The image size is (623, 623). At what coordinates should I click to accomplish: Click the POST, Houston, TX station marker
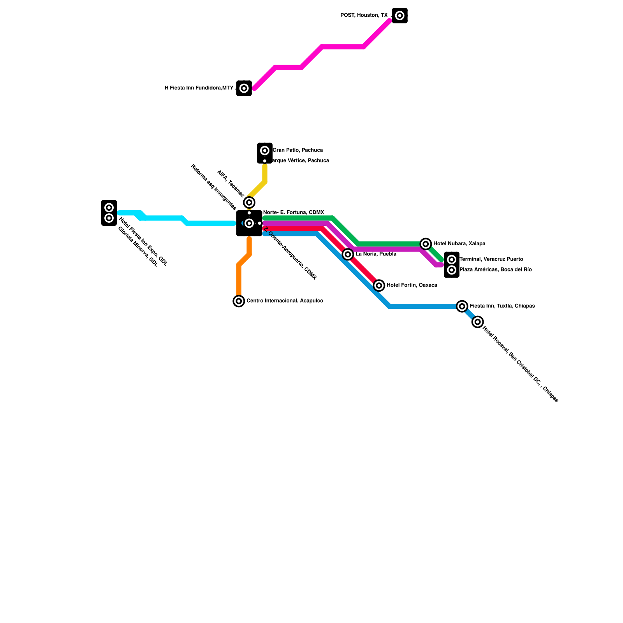(399, 16)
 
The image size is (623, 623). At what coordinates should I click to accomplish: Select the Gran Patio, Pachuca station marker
(265, 150)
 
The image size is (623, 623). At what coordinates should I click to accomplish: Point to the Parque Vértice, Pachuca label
(299, 161)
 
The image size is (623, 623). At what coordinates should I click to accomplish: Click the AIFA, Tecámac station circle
(249, 202)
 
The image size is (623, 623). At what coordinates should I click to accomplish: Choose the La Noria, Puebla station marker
(348, 254)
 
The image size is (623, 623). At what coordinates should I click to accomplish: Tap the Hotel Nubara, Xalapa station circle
(426, 244)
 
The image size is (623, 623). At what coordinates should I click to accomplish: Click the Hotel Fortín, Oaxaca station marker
(379, 285)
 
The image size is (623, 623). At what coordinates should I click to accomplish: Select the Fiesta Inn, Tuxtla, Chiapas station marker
(462, 306)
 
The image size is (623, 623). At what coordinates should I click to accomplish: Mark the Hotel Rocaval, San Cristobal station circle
(478, 322)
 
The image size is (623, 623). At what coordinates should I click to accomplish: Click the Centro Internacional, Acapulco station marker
(239, 301)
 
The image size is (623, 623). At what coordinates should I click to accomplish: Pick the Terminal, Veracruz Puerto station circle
(452, 260)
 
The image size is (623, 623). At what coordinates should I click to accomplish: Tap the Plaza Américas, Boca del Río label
(495, 270)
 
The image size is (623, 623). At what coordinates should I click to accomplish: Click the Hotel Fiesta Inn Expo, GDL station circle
(109, 208)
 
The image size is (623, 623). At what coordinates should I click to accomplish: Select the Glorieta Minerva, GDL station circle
(109, 218)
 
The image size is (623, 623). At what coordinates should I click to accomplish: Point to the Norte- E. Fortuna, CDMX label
(294, 213)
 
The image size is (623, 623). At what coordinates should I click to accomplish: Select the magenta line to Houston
(343, 47)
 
